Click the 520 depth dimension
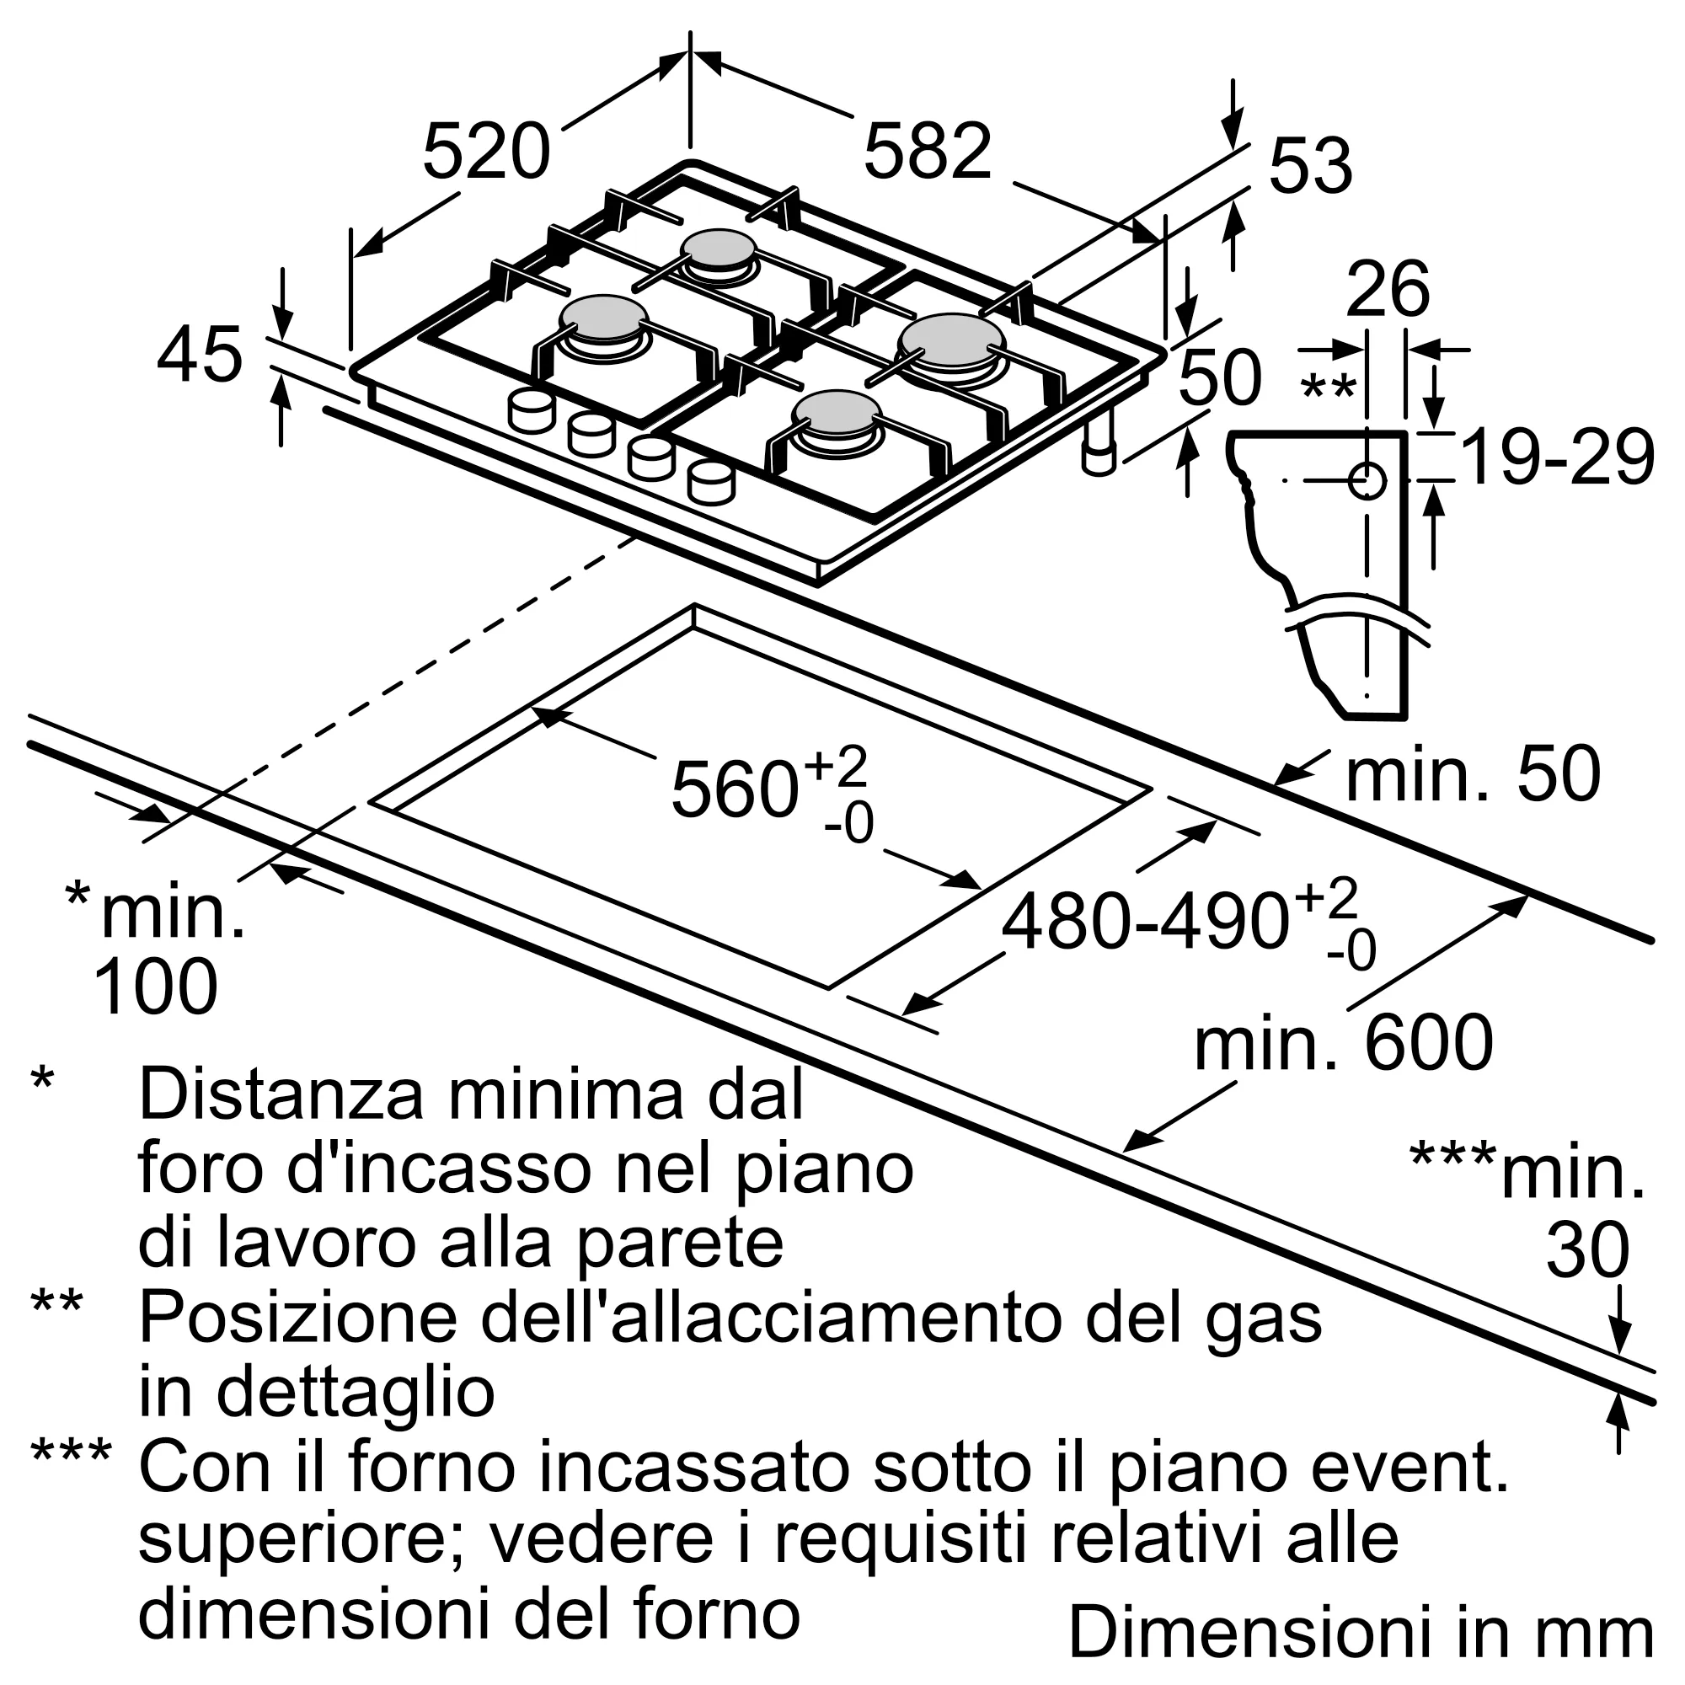tap(487, 152)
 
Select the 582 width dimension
tap(927, 152)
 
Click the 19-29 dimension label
tap(1556, 457)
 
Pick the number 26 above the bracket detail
tap(1388, 290)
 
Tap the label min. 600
tap(1343, 1043)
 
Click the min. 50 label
tap(1473, 773)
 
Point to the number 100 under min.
tap(154, 987)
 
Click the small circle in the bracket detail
tap(1367, 480)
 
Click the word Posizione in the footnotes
tap(297, 1319)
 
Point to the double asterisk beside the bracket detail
tap(1328, 388)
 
